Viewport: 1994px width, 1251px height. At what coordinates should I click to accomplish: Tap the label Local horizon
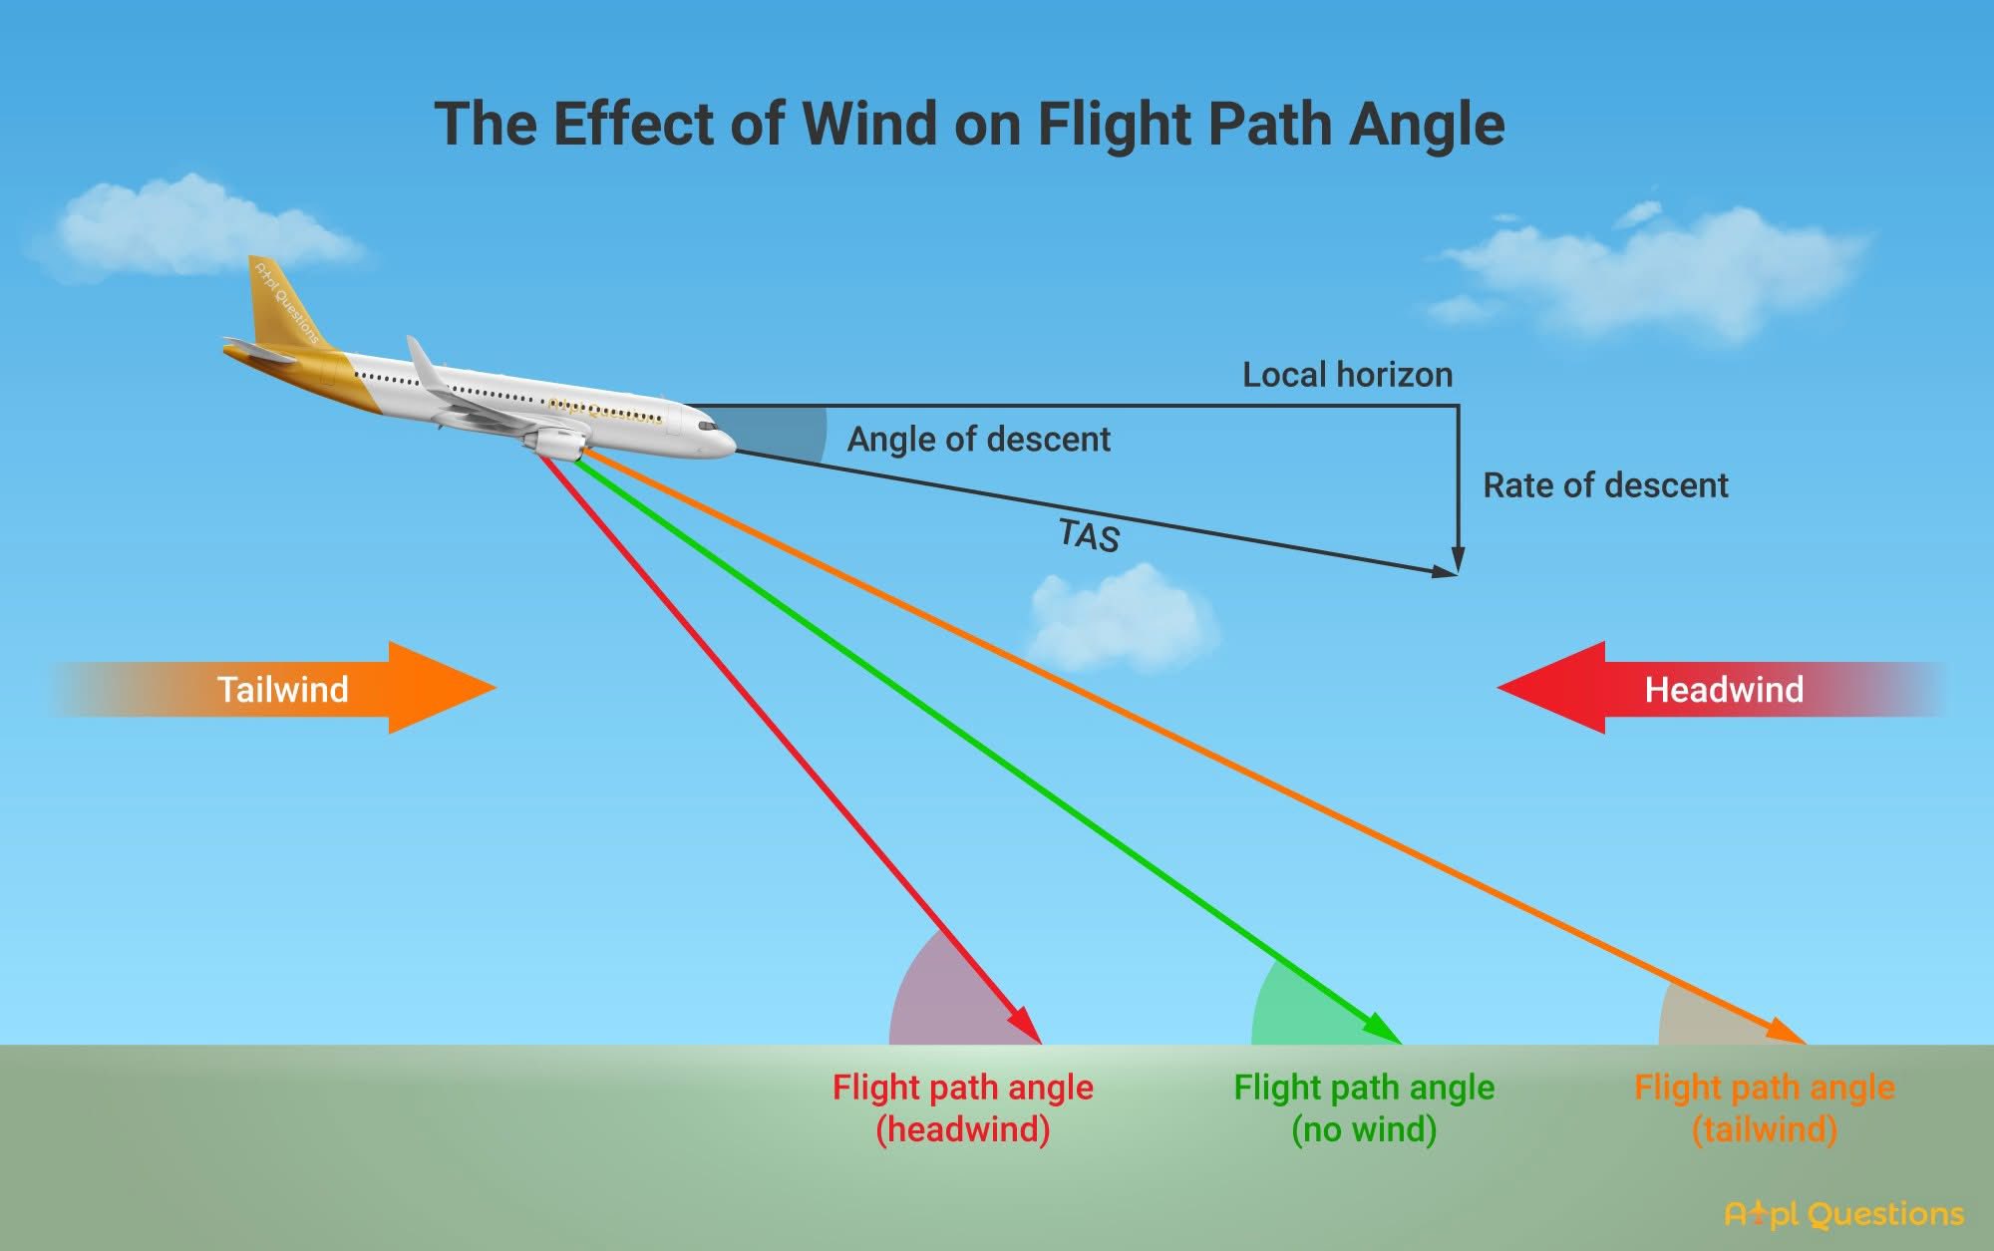point(1347,375)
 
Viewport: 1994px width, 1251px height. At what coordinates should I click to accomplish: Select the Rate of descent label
point(1605,485)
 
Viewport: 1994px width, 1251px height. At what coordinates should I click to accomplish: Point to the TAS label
point(1089,535)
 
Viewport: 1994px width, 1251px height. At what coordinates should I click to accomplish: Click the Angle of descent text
point(978,440)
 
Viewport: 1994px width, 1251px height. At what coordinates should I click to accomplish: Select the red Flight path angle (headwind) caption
point(962,1107)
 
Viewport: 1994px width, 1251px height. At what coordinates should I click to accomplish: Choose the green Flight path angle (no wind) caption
point(1364,1107)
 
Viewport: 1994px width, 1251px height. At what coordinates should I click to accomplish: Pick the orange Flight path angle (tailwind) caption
point(1765,1107)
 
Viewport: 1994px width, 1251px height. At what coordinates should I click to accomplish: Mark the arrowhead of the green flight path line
point(1385,1030)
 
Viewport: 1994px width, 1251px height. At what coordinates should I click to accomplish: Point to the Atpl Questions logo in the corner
point(1843,1213)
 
